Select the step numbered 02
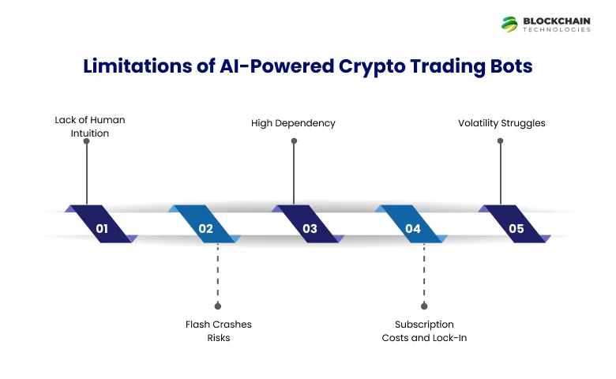[205, 229]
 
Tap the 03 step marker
[309, 229]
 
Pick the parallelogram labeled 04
[412, 229]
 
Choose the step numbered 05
[516, 229]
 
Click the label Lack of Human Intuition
[89, 126]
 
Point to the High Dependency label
[293, 123]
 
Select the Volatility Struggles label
[501, 123]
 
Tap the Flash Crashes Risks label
[219, 330]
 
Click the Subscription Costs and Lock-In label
[424, 330]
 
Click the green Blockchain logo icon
[509, 24]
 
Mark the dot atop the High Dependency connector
[294, 141]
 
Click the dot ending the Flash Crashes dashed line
[218, 306]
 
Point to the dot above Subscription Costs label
[424, 306]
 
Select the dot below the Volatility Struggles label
[500, 141]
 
